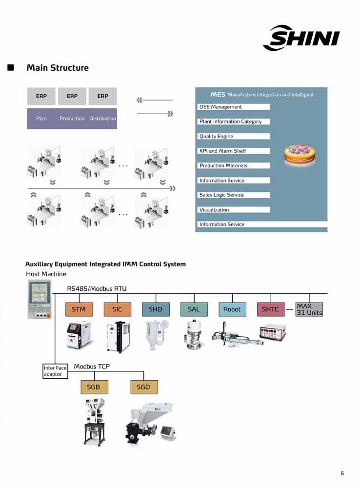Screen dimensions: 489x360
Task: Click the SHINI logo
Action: pos(301,38)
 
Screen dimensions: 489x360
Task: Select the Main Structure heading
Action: pos(58,68)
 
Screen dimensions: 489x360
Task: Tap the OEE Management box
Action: pos(234,107)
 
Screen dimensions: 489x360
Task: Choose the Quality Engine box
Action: pos(234,137)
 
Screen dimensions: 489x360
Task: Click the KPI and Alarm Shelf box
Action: pos(234,151)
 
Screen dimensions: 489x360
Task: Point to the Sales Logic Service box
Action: pos(234,195)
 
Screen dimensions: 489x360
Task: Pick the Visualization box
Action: pos(234,210)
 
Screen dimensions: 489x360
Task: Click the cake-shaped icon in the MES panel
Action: pos(300,154)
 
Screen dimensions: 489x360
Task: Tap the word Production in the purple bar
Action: pos(72,119)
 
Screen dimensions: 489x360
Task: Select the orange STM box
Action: pos(79,309)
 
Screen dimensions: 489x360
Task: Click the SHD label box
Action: pos(156,309)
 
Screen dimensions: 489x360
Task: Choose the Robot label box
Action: pos(232,309)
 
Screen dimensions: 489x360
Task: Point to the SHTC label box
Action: pos(270,309)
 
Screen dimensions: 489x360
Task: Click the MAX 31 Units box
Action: pos(309,309)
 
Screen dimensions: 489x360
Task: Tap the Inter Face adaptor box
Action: pos(55,371)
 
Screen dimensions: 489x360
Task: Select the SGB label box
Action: pos(94,387)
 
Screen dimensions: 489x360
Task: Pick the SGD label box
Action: pos(144,387)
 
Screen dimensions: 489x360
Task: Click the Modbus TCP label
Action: pos(92,367)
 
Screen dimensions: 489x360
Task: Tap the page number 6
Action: pos(342,473)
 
